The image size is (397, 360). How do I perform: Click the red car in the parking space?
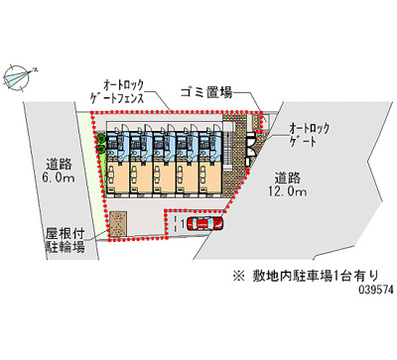(x=204, y=223)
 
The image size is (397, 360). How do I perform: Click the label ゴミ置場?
(x=206, y=92)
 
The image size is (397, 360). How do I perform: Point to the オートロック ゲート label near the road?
(x=310, y=134)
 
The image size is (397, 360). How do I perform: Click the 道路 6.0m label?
(x=59, y=171)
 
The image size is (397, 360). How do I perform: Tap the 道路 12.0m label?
(x=288, y=184)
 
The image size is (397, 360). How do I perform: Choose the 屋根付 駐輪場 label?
(x=65, y=240)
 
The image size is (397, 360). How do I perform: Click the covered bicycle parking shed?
(x=118, y=224)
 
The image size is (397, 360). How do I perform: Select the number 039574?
(x=376, y=290)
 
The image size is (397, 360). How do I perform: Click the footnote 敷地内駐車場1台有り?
(x=315, y=276)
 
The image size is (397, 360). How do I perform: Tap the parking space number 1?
(x=183, y=224)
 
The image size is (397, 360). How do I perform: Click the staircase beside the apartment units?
(x=227, y=148)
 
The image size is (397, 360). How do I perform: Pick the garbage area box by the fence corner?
(x=257, y=121)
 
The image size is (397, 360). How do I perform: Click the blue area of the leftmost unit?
(x=116, y=147)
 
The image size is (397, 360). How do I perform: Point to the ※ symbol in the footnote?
(x=239, y=276)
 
